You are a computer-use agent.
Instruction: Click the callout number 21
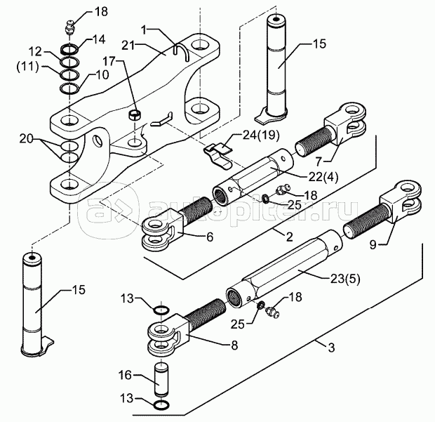[128, 44]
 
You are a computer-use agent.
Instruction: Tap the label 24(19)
[260, 136]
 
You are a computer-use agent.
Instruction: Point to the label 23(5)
[344, 279]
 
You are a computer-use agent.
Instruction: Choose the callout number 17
[109, 61]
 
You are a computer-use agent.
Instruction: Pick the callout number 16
[125, 375]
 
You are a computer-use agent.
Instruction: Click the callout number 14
[99, 39]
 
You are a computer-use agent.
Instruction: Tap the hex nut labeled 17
[135, 114]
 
